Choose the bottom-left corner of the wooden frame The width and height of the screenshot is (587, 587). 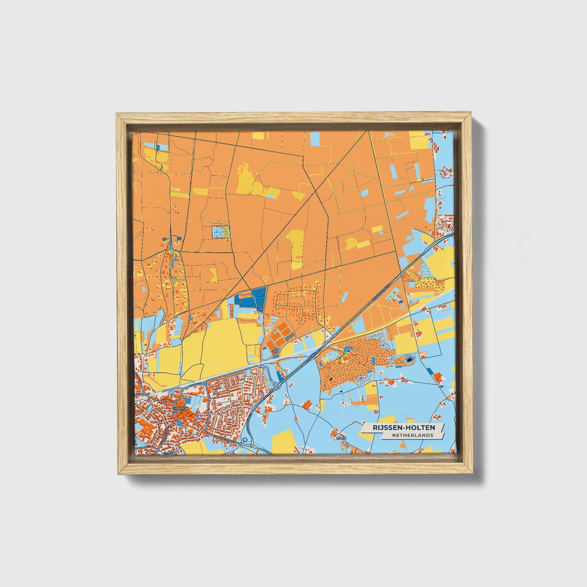tap(117, 474)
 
